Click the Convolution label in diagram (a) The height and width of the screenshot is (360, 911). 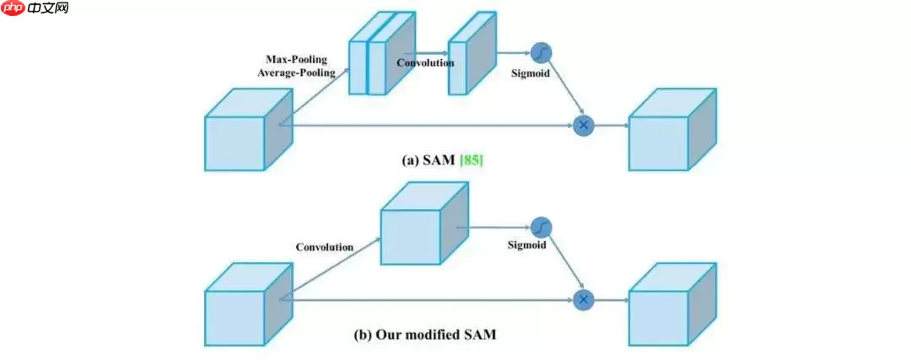pos(425,62)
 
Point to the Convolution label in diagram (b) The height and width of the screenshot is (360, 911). pos(324,247)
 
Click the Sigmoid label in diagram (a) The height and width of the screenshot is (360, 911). pos(531,73)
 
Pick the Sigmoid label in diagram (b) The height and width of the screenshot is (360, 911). pos(526,245)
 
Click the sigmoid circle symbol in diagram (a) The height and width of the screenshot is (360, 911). pos(542,55)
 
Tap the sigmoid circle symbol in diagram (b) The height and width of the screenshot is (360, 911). pos(542,227)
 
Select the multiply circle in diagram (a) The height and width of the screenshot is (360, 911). pos(583,126)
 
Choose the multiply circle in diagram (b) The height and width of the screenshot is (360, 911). pos(583,298)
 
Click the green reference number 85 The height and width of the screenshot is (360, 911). pos(471,158)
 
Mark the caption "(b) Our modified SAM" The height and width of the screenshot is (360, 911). pos(424,335)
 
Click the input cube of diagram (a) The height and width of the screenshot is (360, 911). pos(240,135)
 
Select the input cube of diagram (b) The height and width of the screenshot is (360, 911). pos(240,308)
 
